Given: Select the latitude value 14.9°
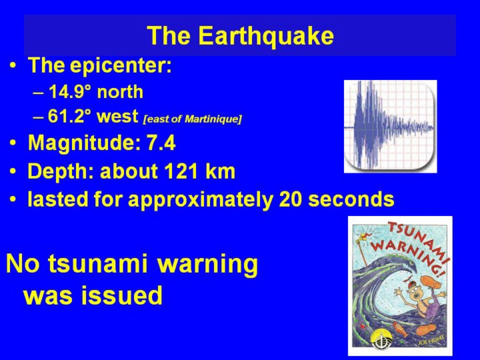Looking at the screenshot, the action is [70, 91].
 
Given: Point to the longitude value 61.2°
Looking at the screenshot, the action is [70, 116].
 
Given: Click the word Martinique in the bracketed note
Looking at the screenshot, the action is [213, 119].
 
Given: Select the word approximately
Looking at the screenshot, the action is [200, 199].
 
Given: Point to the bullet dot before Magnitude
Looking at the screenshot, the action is [13, 143].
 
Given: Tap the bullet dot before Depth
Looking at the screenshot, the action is [13, 171].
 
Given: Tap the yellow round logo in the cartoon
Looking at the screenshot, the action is [379, 339].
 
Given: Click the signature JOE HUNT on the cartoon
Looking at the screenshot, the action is [431, 340].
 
